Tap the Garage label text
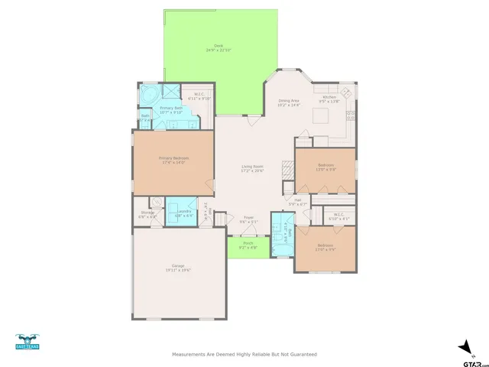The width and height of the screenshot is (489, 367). tap(177, 265)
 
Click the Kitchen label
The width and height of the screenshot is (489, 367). tap(329, 97)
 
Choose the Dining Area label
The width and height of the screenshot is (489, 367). tap(289, 100)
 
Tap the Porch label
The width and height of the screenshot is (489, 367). tap(246, 244)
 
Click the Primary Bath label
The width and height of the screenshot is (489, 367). tap(171, 109)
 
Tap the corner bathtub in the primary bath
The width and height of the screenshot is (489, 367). tap(148, 94)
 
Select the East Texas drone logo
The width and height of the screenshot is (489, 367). tap(27, 341)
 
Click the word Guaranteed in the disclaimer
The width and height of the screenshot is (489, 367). tap(301, 355)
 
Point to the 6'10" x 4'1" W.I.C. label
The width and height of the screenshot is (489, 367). tap(338, 217)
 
